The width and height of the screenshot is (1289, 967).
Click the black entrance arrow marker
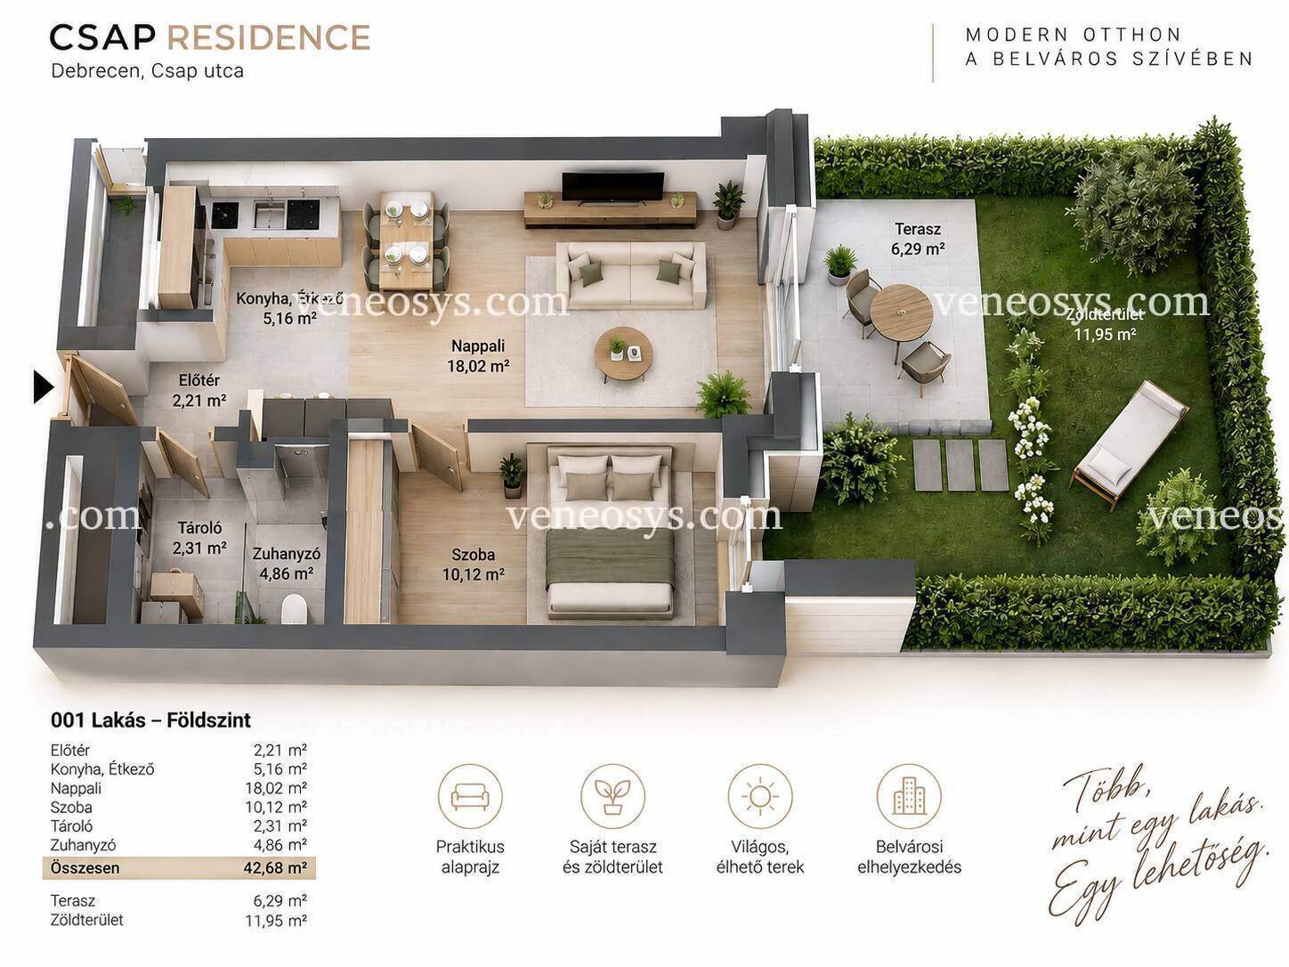(x=44, y=387)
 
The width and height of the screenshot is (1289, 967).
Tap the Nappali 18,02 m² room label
(x=478, y=356)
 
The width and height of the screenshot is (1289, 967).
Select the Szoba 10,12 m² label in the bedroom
(x=474, y=565)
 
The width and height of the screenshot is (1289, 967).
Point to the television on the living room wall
(x=613, y=188)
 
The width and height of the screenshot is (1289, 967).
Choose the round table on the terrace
(x=901, y=313)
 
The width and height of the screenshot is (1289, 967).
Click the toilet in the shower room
(x=293, y=609)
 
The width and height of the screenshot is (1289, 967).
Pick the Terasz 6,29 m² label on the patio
(x=917, y=239)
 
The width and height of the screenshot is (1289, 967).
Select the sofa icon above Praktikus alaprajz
(x=470, y=796)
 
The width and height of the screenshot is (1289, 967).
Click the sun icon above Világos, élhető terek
(x=759, y=796)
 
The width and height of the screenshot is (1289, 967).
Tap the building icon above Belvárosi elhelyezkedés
(x=909, y=796)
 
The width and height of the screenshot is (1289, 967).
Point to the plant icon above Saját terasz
(x=612, y=796)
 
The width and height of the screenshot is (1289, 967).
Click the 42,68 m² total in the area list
(x=275, y=867)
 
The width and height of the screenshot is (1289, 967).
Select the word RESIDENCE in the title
(x=269, y=37)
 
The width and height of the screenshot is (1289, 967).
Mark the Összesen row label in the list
(x=85, y=868)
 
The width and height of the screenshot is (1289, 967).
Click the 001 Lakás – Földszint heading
(x=151, y=719)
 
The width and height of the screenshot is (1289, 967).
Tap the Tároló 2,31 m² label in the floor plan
(x=199, y=538)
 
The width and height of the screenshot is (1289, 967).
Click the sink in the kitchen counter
(x=270, y=215)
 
